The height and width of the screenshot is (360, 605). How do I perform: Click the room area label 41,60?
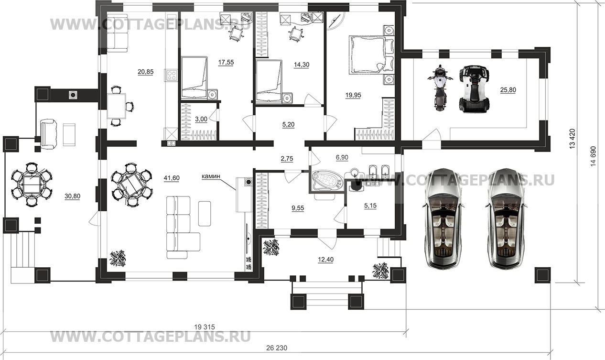tap(172, 178)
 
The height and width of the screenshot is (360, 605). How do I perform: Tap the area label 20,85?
tap(146, 72)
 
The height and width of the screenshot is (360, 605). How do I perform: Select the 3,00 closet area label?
tap(201, 119)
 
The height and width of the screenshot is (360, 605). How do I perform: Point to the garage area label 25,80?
tap(508, 90)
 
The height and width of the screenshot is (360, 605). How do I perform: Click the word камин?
tap(211, 176)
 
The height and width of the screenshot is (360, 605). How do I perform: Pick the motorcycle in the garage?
tap(440, 87)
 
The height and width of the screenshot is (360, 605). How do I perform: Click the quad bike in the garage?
tap(474, 88)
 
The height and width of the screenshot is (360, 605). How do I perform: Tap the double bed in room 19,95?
tap(367, 55)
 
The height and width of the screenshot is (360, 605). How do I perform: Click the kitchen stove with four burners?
tap(172, 75)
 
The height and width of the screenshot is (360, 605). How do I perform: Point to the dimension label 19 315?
tap(205, 327)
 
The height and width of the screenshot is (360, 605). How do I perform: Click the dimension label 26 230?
tap(277, 348)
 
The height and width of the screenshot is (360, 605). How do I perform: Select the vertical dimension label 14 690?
tap(593, 156)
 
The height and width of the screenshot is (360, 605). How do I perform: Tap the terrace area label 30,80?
tap(72, 196)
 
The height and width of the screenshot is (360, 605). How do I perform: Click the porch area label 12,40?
tap(326, 260)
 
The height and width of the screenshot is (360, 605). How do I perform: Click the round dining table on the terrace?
tap(32, 185)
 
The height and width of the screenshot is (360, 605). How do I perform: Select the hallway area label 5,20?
tap(288, 125)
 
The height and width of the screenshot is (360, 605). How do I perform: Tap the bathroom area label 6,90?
tap(342, 157)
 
